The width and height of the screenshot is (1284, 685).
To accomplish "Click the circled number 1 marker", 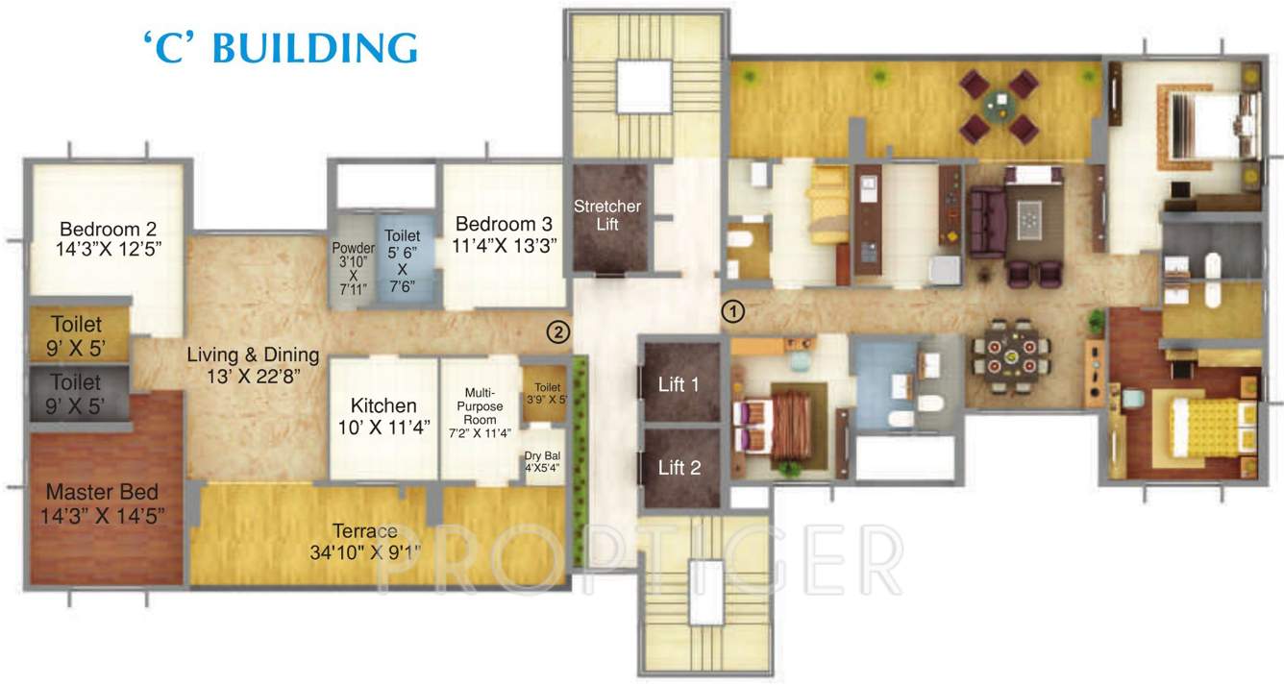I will pyautogui.click(x=732, y=311).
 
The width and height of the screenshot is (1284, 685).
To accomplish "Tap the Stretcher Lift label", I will pyautogui.click(x=607, y=214).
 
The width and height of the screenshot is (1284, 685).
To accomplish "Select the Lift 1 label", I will pyautogui.click(x=679, y=384).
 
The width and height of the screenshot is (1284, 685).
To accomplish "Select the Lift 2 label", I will pyautogui.click(x=679, y=468).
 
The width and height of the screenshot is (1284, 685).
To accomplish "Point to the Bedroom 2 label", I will pyautogui.click(x=108, y=230).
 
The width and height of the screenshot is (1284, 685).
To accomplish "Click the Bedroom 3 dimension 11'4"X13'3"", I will pyautogui.click(x=505, y=245).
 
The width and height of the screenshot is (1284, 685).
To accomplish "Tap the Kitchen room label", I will pyautogui.click(x=383, y=405).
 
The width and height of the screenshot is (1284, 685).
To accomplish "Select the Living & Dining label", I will pyautogui.click(x=254, y=355).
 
